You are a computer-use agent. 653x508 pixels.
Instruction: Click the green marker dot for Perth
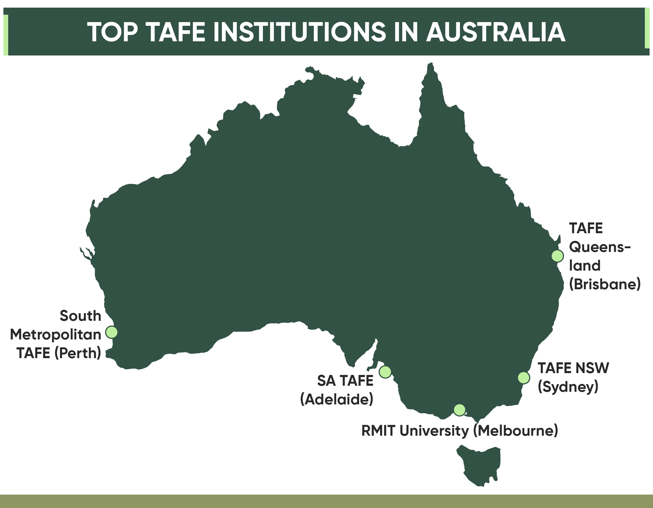pos(112,332)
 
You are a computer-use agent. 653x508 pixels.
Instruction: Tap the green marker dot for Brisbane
pos(557,256)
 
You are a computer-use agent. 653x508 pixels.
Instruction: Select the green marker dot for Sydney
pos(524,378)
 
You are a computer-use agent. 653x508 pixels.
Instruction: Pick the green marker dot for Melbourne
pos(459,410)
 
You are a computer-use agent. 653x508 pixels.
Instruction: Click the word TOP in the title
pos(112,32)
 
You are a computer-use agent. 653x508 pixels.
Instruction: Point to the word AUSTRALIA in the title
pos(496,32)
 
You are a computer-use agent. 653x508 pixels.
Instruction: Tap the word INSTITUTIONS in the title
pos(299,32)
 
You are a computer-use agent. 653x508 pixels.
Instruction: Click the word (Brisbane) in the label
pos(605,284)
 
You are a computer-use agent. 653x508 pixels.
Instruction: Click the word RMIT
pos(378,431)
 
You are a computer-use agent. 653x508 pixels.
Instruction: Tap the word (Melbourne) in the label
pos(516,431)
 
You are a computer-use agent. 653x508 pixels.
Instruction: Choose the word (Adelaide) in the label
pos(337,400)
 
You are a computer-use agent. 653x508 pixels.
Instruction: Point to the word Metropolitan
pos(56,334)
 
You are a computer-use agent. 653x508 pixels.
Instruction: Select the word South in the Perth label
pos(80,316)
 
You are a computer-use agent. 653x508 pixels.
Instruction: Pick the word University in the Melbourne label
pos(434,431)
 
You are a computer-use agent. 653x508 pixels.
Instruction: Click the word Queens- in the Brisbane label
pos(600,247)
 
